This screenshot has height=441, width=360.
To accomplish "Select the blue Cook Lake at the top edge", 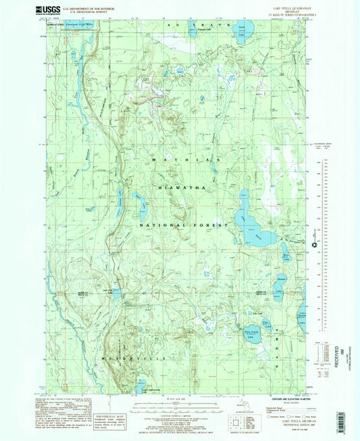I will pos(244,30).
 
